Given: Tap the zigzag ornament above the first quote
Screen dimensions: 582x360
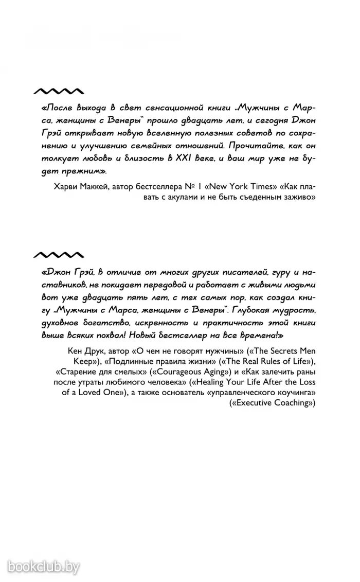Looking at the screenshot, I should [58, 91].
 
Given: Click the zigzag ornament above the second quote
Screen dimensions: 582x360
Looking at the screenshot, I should [58, 254].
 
